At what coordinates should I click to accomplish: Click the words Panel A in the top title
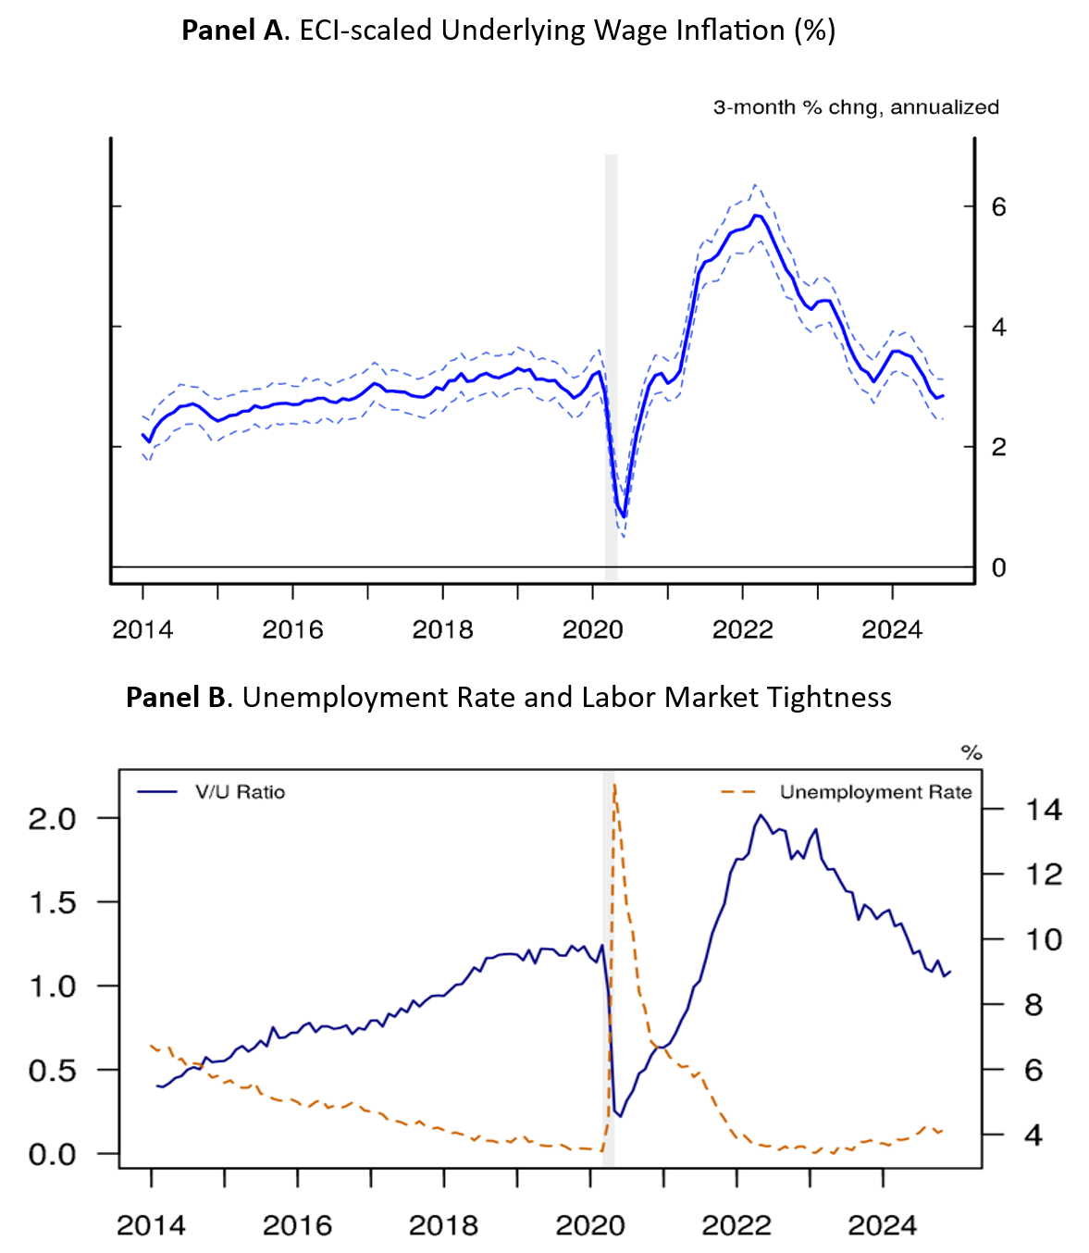coord(235,31)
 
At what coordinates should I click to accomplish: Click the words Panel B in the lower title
coord(176,697)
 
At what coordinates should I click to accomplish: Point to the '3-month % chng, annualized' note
coord(856,107)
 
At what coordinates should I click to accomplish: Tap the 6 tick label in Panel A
coord(998,206)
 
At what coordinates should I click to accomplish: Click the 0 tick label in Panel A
coord(998,567)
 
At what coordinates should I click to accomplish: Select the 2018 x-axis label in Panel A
coord(442,630)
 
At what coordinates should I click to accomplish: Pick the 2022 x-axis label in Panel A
coord(742,630)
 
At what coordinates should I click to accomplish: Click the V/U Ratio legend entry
coord(240,792)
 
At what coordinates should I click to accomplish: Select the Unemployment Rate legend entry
coord(874,792)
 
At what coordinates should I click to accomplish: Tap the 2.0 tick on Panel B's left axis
coord(52,819)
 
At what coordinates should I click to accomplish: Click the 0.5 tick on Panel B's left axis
coord(52,1071)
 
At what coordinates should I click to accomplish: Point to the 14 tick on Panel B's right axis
coord(1044,811)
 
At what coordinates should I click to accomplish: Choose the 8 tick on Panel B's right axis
coord(1034,1005)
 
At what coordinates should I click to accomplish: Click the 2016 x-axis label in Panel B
coord(297,1225)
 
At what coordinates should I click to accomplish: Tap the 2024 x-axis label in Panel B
coord(882,1225)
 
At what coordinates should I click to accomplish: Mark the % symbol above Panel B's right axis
coord(971,752)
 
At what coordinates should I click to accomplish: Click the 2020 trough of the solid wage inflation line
coord(625,516)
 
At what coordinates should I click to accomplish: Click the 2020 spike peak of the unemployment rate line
coord(614,785)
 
